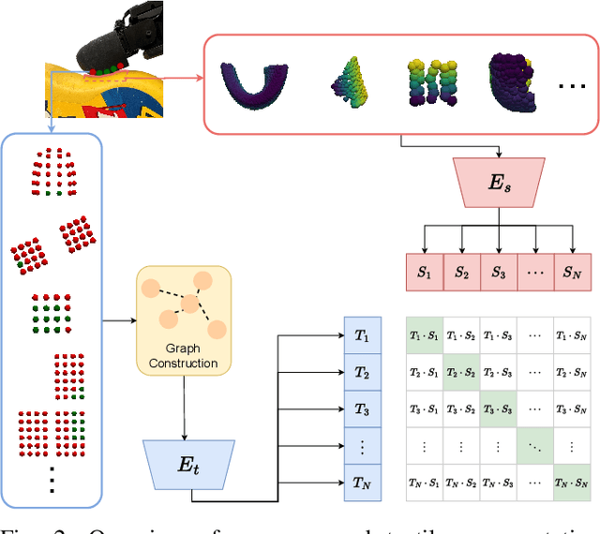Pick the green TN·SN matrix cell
(x=572, y=483)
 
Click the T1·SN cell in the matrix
(x=572, y=335)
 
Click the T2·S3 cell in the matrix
(x=498, y=372)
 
